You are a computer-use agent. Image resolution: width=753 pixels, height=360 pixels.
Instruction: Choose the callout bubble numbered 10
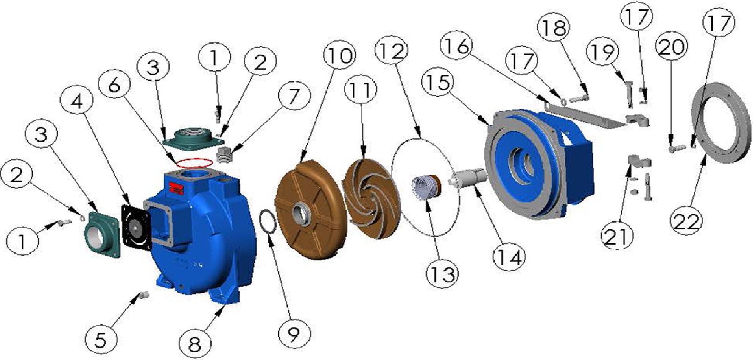click(339, 56)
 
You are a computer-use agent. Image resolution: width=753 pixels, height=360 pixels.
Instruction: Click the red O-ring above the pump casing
click(193, 163)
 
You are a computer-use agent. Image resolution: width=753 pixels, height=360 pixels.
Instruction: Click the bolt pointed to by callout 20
click(676, 148)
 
